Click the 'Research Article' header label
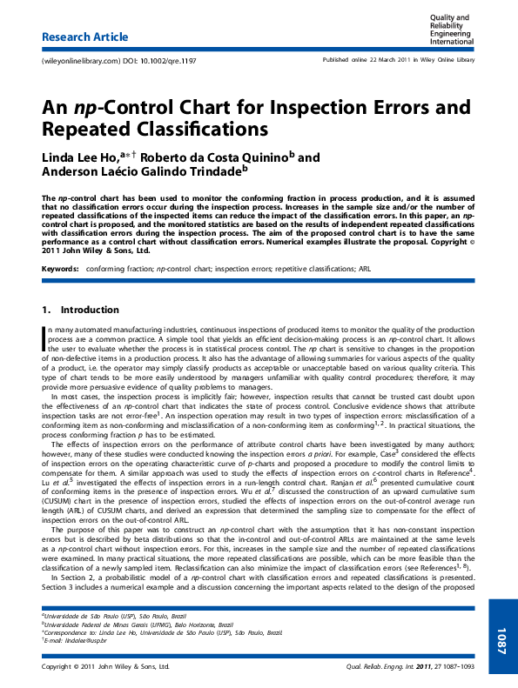tap(85, 37)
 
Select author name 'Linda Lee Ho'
tap(80, 157)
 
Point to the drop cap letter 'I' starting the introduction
tap(44, 337)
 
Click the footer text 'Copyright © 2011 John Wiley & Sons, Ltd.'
tap(105, 666)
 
